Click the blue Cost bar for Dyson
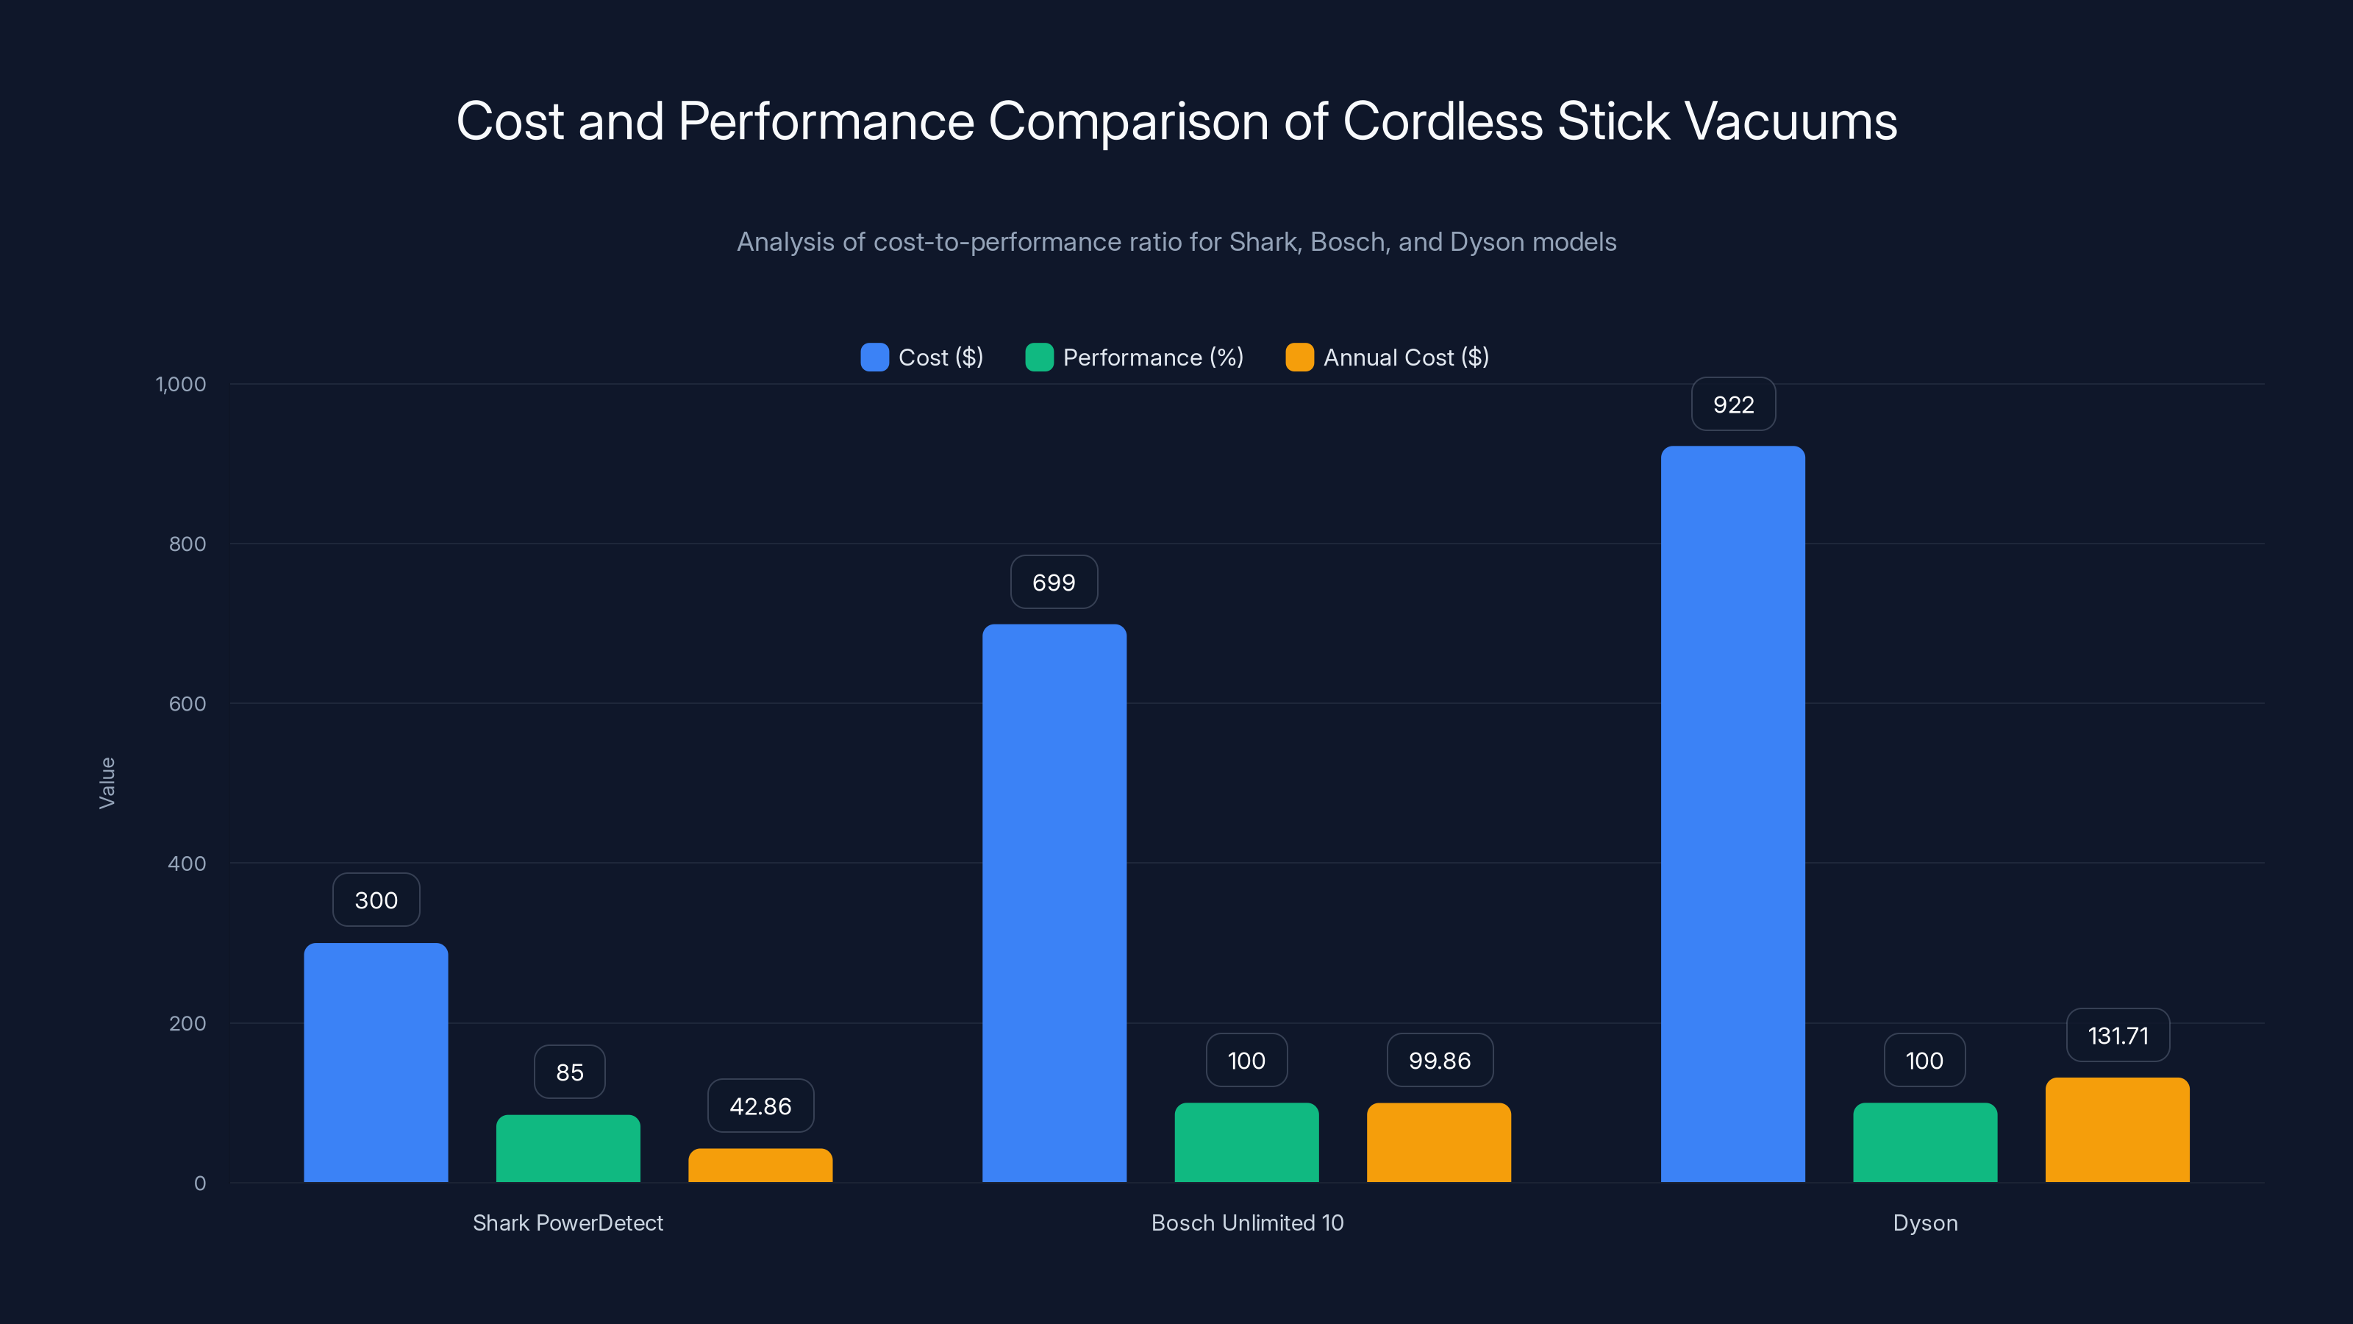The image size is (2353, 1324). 1732,814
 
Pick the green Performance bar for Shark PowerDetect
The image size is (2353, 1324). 568,1147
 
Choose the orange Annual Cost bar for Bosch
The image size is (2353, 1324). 1439,1142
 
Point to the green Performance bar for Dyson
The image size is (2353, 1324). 1924,1142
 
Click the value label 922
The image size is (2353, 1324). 1733,404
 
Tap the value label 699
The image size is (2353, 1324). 1053,582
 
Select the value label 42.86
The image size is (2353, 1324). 760,1106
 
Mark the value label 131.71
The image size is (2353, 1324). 2118,1035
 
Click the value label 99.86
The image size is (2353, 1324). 1440,1060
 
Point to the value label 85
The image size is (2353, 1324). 569,1072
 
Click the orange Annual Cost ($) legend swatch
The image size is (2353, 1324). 1299,357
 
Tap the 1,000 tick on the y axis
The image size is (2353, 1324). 181,384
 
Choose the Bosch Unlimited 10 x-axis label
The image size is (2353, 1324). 1247,1222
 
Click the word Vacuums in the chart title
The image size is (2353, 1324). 1790,121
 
